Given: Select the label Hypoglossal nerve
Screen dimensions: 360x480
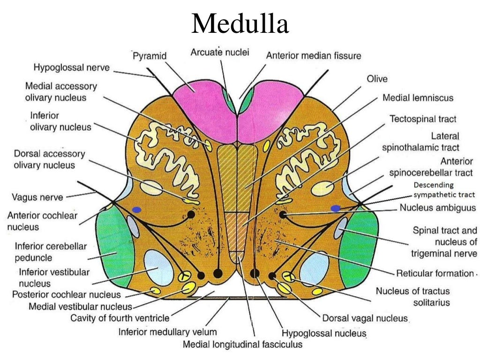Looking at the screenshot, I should tap(71, 67).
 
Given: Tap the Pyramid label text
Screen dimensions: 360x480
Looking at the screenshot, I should tap(149, 55).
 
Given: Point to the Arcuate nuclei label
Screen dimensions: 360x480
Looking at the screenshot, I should tap(220, 52).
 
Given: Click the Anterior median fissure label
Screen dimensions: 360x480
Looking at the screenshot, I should tap(314, 55).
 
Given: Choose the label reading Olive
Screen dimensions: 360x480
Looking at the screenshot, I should tap(377, 79).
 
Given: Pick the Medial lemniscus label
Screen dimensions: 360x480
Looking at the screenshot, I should tap(418, 98).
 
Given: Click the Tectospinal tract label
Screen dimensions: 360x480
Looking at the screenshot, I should tap(423, 119).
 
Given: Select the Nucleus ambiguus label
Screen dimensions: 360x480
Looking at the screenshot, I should tap(437, 208).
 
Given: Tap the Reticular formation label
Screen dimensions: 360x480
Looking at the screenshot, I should tap(435, 273).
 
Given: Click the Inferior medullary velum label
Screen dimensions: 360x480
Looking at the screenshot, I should tap(167, 332).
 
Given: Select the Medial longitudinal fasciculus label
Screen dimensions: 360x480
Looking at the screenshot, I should tap(242, 345).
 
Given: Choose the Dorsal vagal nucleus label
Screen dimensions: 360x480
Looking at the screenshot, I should tap(365, 318).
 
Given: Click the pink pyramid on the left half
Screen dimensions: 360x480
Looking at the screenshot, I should tap(202, 103).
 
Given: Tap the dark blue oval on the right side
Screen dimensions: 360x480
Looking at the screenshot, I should tap(336, 208).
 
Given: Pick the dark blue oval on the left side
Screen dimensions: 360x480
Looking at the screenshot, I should tap(137, 209).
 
